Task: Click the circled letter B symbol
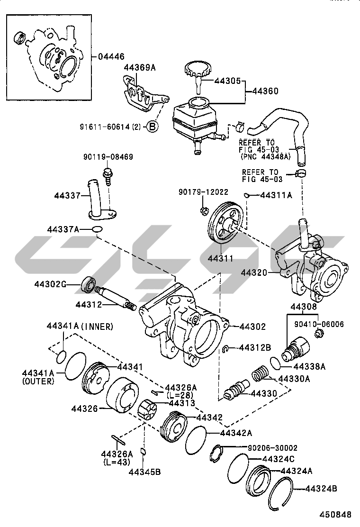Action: click(153, 127)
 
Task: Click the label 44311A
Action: click(276, 195)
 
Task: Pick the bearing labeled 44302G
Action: click(88, 284)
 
